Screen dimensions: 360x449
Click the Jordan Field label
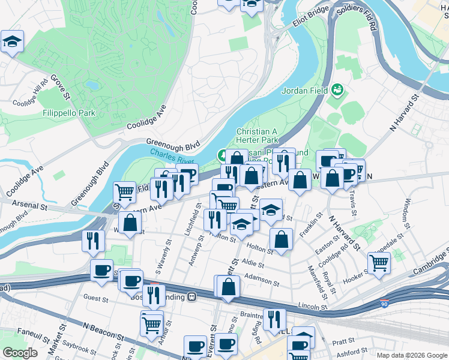click(x=305, y=91)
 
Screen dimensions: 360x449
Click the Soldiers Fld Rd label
click(x=358, y=18)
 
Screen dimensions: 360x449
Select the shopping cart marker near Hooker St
click(x=379, y=262)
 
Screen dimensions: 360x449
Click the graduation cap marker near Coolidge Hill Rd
click(x=12, y=42)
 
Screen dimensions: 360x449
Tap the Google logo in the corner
click(x=20, y=353)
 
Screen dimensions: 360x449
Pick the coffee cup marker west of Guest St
click(x=101, y=270)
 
